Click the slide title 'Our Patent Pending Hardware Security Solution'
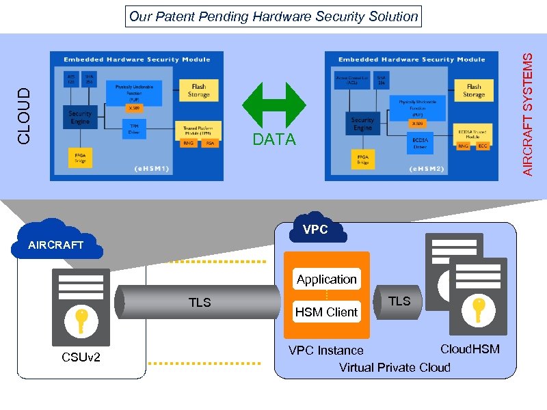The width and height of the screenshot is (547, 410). point(273,16)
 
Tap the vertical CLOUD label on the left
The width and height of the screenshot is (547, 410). point(24,116)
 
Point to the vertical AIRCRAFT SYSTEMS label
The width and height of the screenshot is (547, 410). point(528,114)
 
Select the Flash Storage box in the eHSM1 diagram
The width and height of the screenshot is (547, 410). point(198,90)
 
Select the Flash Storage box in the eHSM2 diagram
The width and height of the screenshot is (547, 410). point(473,91)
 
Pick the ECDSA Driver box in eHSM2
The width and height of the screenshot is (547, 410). point(420,143)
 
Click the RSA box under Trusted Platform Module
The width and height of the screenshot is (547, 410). point(209,143)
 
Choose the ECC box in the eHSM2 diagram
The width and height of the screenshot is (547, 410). point(483,146)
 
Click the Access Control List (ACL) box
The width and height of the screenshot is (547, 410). point(351,81)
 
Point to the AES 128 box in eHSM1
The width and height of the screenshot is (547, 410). point(70,78)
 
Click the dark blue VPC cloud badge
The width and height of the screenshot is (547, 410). point(315,230)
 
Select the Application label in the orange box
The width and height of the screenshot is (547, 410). point(326,279)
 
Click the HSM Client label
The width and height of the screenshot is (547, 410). point(326,312)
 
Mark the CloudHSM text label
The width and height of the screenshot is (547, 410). point(470,349)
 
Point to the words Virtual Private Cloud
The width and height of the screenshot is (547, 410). point(395,368)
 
